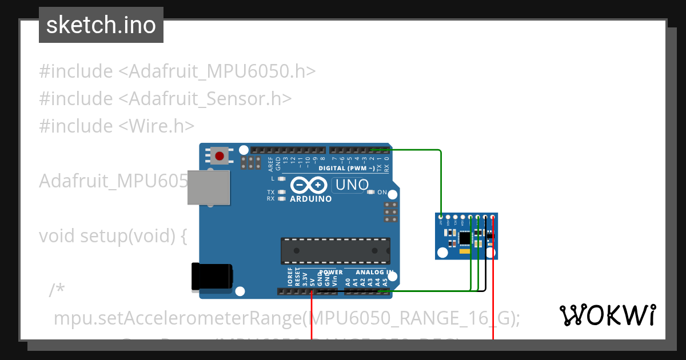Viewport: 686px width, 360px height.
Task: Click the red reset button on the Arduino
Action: [x=219, y=155]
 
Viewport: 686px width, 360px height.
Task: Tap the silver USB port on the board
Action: [x=209, y=187]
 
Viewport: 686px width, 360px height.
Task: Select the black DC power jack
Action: [x=212, y=277]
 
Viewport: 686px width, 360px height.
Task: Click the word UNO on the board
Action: [x=352, y=185]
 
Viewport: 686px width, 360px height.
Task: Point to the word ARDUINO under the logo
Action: [x=311, y=199]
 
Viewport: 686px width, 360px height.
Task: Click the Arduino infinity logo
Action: [x=309, y=185]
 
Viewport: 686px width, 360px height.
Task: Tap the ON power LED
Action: [x=371, y=192]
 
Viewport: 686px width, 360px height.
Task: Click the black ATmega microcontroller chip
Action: [x=335, y=251]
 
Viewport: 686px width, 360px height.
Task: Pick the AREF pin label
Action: [x=270, y=163]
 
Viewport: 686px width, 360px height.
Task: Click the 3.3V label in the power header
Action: [x=305, y=278]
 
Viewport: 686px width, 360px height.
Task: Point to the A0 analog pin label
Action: [x=347, y=281]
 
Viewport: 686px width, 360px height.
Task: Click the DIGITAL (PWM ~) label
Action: [x=347, y=168]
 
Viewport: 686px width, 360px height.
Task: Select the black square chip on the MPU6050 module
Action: [x=465, y=237]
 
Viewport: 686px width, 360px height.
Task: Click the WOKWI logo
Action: [x=608, y=315]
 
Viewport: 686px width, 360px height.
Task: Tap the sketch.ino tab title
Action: [x=101, y=25]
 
